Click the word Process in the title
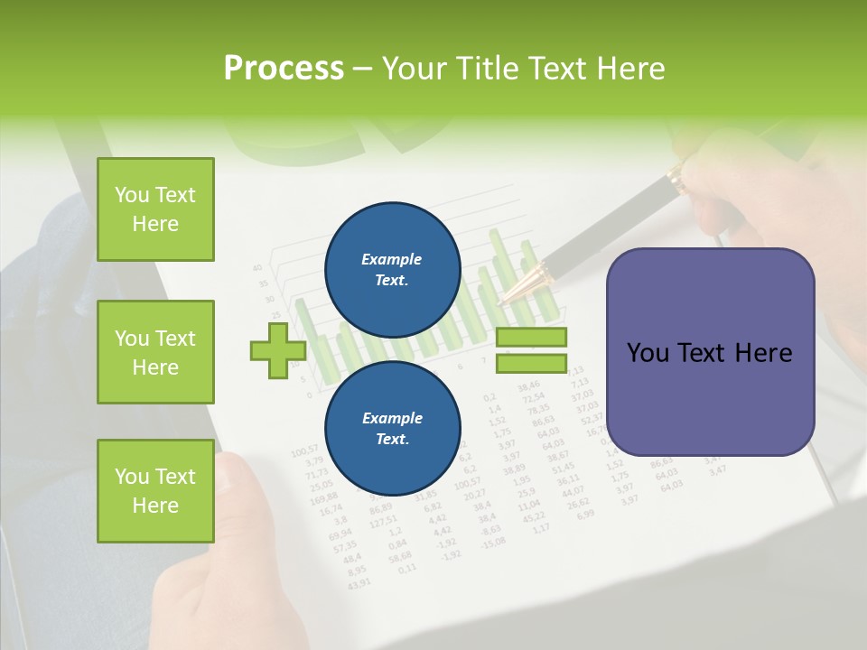(x=284, y=69)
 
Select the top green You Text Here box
(x=155, y=209)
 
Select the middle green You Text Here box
(x=155, y=352)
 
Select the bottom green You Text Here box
(x=155, y=491)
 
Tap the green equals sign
(x=531, y=350)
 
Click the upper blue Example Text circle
(x=392, y=269)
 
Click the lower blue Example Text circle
(x=392, y=428)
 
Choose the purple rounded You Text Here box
(x=710, y=352)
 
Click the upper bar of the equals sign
(x=531, y=338)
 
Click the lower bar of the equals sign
(x=531, y=363)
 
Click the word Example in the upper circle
(x=392, y=259)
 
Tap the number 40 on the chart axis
(x=257, y=267)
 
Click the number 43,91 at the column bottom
(x=359, y=582)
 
